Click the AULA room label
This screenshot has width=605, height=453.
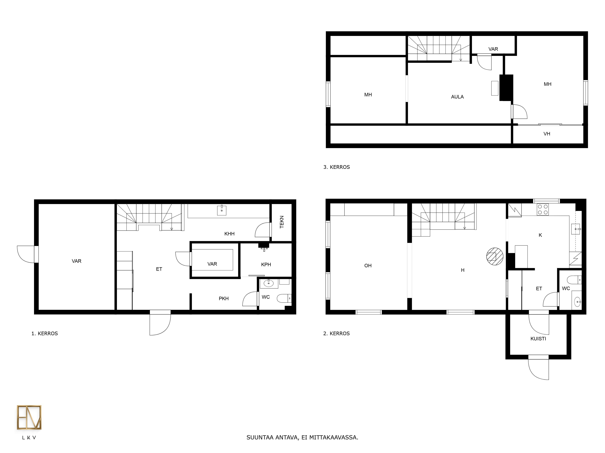point(457,97)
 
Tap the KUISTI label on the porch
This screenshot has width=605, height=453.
point(538,339)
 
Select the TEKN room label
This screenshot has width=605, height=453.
point(282,222)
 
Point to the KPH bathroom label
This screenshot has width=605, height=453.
point(266,264)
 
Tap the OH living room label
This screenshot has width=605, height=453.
point(368,265)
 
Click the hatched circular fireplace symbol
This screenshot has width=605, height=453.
point(495,256)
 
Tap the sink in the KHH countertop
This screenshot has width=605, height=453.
point(222,210)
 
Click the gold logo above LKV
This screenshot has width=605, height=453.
point(29,417)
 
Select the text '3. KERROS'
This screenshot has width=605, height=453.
point(336,167)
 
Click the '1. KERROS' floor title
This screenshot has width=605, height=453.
point(45,333)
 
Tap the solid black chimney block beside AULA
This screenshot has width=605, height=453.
point(506,88)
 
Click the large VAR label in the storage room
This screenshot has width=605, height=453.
point(77,261)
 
